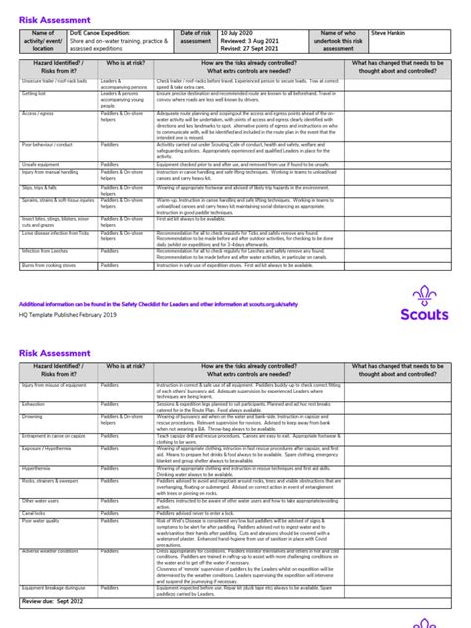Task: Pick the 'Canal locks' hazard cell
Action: click(x=35, y=514)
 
